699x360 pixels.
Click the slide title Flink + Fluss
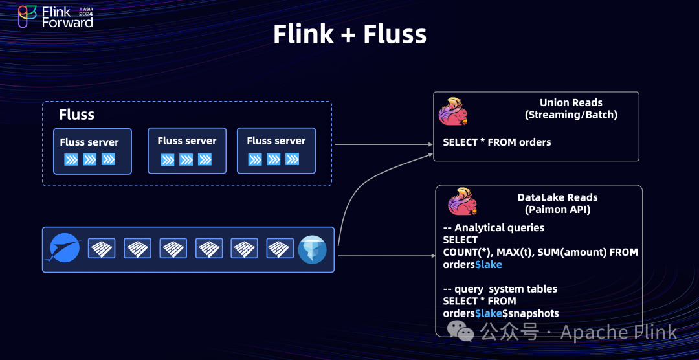349,34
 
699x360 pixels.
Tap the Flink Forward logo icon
27,17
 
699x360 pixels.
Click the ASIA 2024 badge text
85,12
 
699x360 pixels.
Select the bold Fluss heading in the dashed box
76,115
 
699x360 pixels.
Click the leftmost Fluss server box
93,152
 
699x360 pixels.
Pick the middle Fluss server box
187,151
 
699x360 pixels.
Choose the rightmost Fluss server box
276,151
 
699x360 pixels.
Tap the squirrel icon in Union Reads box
453,111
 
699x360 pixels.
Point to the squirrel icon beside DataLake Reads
463,201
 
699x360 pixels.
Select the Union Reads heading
571,103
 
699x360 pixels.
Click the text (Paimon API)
557,209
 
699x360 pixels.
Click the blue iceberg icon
313,249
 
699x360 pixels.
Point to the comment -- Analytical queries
493,228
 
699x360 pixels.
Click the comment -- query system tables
500,289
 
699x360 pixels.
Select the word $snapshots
531,313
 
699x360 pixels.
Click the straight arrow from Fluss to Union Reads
384,144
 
